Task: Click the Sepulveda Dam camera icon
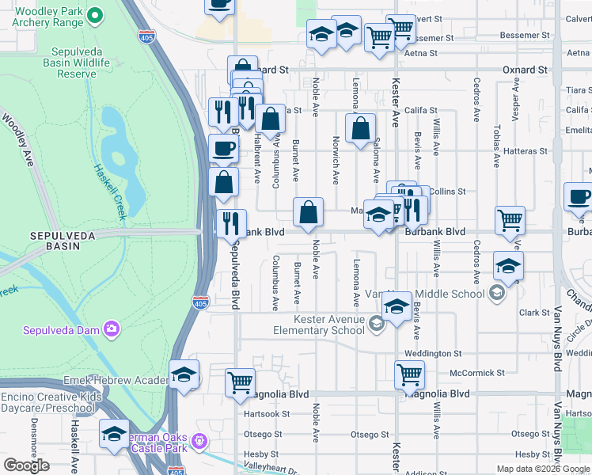coord(112,329)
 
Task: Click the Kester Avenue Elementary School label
coord(319,325)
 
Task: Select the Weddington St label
coord(433,353)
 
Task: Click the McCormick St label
coord(476,372)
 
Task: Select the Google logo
coord(26,465)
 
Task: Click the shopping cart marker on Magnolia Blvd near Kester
coord(409,374)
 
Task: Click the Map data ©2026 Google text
coord(542,469)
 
